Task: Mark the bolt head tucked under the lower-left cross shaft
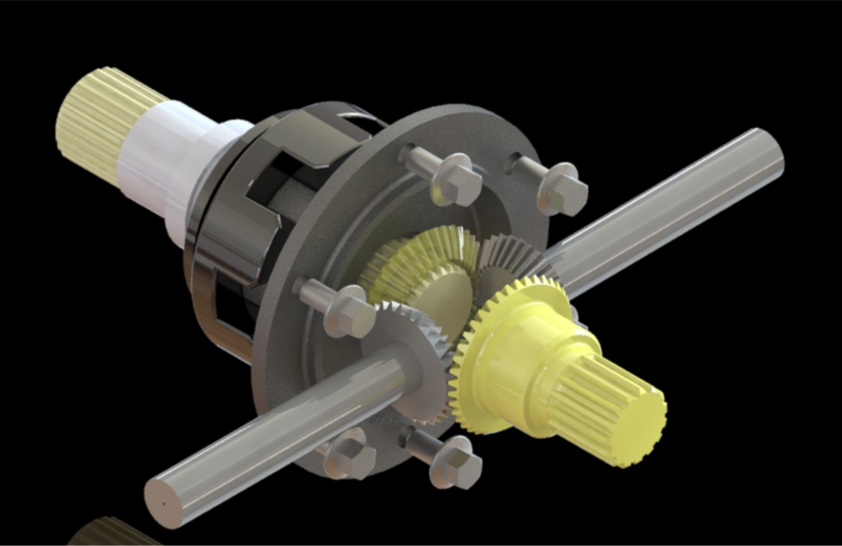[351, 454]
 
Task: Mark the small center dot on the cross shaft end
[165, 505]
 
